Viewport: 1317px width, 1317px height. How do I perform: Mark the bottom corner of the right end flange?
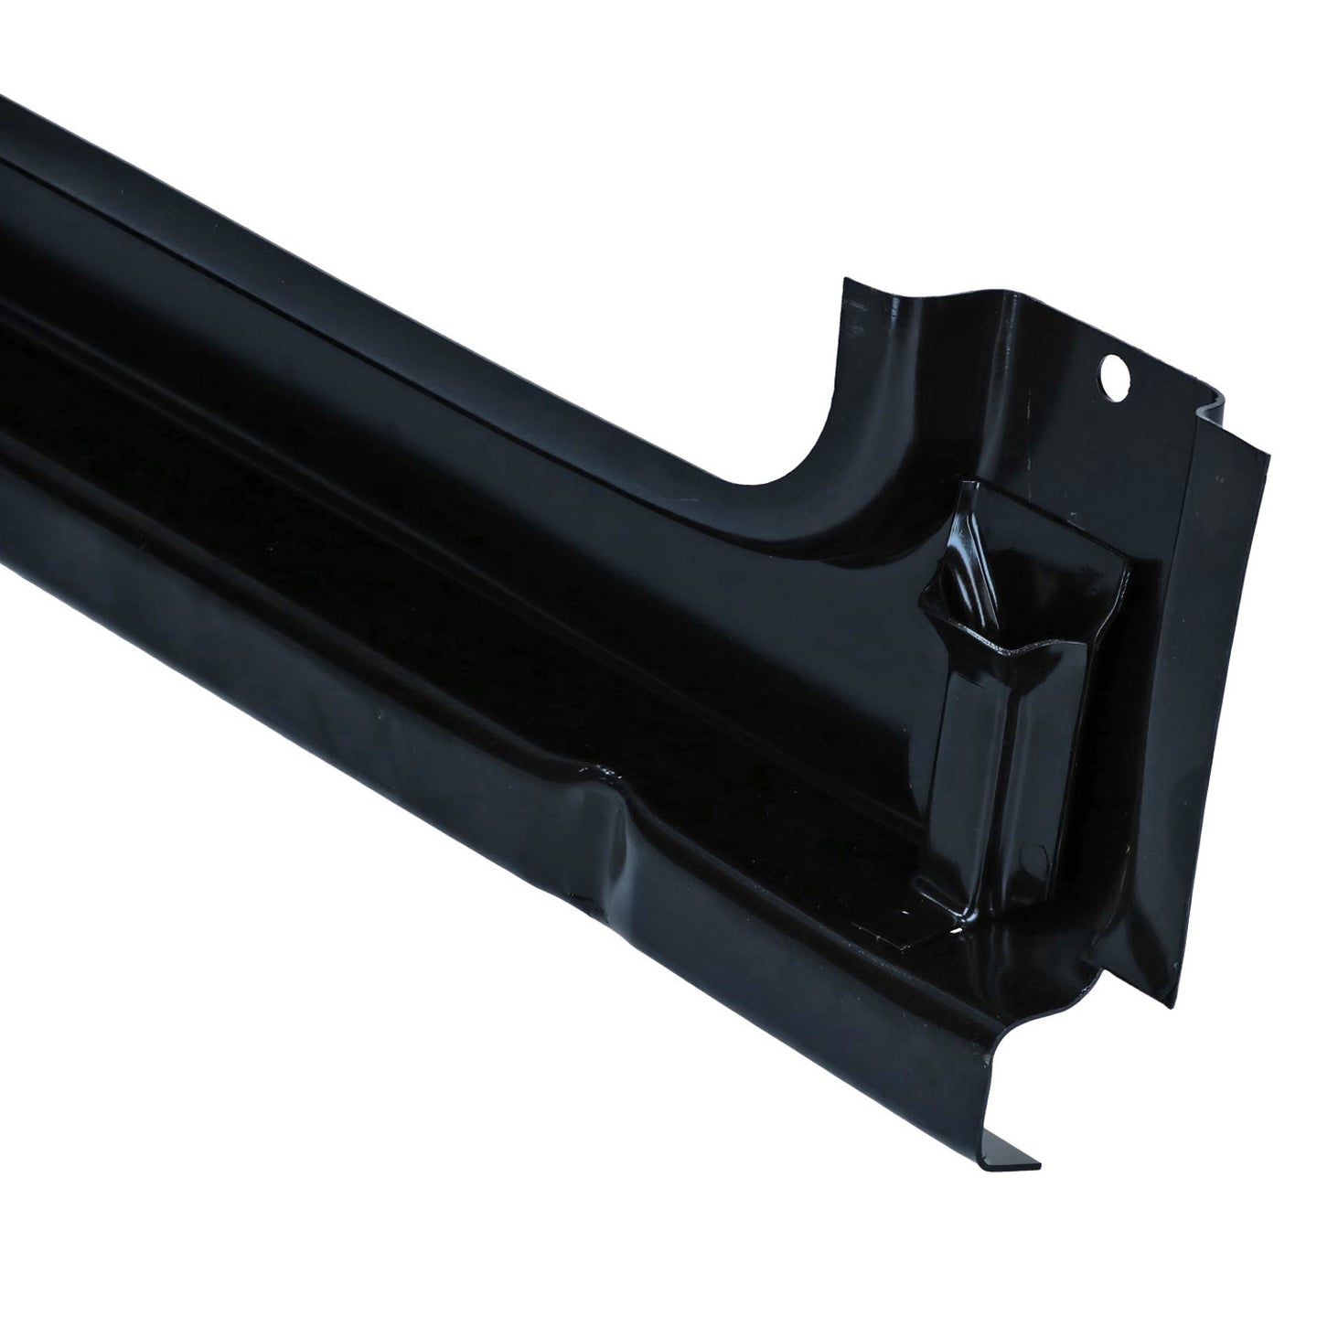click(1171, 1006)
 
